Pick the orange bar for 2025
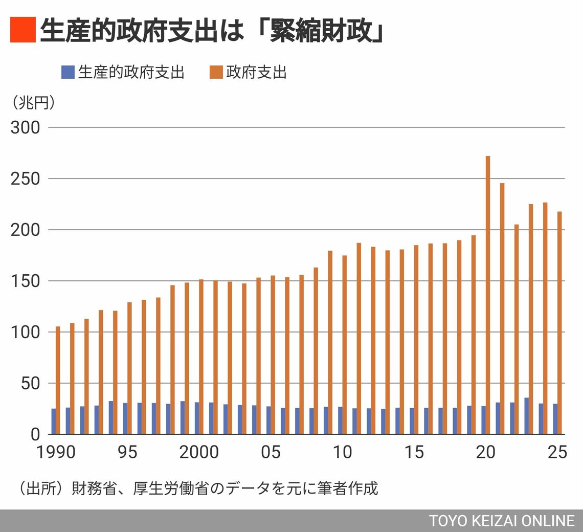(x=559, y=323)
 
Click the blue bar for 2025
(x=555, y=419)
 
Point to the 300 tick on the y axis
(x=25, y=127)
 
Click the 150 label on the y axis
(x=25, y=281)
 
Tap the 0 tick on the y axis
(x=35, y=434)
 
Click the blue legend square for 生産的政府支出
(x=68, y=72)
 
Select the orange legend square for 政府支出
(x=216, y=72)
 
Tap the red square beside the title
(x=23, y=30)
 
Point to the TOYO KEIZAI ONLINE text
(x=502, y=521)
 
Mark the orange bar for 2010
(x=344, y=345)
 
